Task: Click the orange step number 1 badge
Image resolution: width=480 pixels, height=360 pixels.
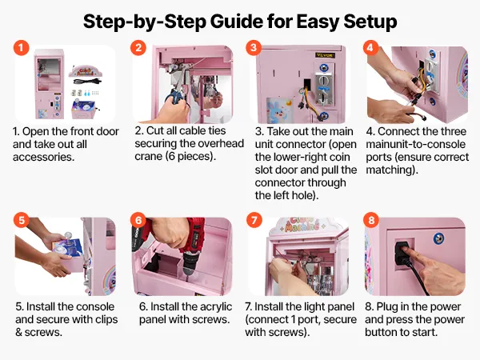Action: pos(21,48)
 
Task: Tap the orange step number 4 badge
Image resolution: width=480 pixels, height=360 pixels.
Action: pos(370,48)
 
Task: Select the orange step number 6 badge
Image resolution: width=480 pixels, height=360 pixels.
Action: pos(138,220)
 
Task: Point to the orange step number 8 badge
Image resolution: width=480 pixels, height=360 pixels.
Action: pos(371,220)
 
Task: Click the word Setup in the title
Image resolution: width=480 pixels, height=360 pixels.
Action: pos(370,22)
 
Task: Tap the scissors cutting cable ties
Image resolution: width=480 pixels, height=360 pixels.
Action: pos(175,94)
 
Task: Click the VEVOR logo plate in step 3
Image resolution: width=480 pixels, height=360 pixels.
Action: pos(325,55)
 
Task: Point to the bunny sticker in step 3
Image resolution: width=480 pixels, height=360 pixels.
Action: pos(279,110)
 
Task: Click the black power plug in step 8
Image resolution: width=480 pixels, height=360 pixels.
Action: pos(402,254)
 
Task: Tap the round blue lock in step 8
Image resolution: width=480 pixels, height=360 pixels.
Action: pos(438,238)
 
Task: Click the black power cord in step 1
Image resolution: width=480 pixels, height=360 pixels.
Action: pos(87,82)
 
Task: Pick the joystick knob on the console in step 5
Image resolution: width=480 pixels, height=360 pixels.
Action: pos(68,236)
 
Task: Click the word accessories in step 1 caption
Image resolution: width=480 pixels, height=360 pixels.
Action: pos(43,157)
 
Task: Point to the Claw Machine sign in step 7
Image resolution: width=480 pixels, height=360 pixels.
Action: pos(302,225)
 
